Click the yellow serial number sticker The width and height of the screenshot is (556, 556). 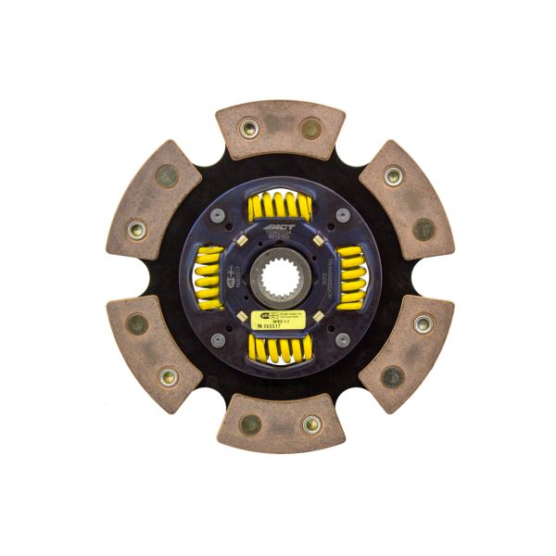278,321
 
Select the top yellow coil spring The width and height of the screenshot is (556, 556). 279,207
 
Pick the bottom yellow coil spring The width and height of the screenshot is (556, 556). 279,348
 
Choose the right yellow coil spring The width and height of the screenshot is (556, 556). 349,278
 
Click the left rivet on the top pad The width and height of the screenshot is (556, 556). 248,129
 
